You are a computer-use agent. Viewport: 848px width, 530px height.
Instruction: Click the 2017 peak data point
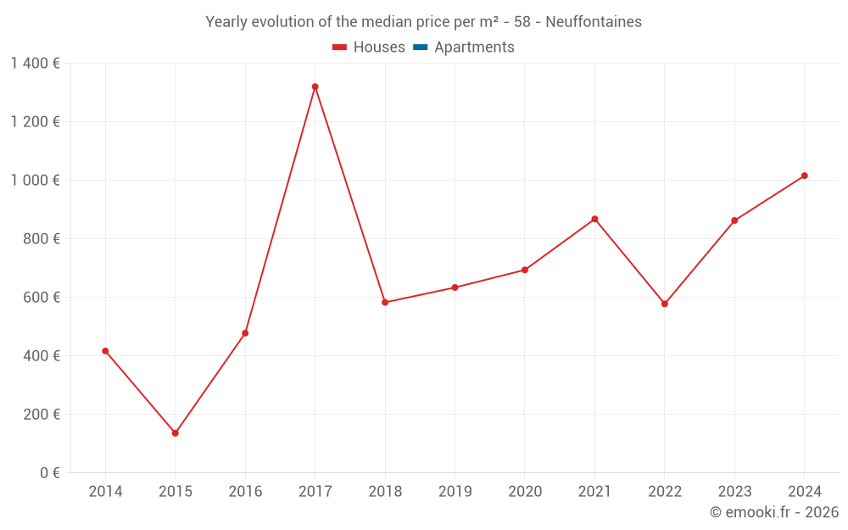click(x=315, y=86)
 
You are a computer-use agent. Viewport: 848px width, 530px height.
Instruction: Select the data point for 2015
click(x=176, y=433)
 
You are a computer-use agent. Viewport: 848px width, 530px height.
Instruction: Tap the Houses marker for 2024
click(x=804, y=176)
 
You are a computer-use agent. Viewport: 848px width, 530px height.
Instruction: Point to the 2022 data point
click(x=664, y=304)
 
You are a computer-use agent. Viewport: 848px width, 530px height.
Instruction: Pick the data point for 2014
click(x=105, y=351)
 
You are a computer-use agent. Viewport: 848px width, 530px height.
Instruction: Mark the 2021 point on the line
click(x=594, y=219)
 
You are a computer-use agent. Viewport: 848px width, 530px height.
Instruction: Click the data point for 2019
click(x=455, y=287)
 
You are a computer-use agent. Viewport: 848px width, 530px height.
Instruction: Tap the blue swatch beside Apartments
click(x=420, y=47)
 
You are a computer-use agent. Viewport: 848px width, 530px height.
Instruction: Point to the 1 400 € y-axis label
click(x=35, y=63)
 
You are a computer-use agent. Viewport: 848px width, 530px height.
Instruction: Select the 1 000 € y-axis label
click(x=35, y=181)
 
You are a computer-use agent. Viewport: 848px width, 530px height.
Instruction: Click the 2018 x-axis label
click(x=385, y=492)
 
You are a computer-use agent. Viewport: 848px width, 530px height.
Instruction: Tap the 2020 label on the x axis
click(x=525, y=492)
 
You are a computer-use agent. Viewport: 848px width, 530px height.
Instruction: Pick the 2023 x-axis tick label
click(x=734, y=492)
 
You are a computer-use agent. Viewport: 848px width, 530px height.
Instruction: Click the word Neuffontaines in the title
click(x=594, y=22)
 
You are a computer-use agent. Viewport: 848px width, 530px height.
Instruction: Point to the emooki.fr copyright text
click(x=773, y=512)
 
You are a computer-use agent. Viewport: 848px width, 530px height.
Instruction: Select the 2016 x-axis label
click(x=245, y=492)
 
